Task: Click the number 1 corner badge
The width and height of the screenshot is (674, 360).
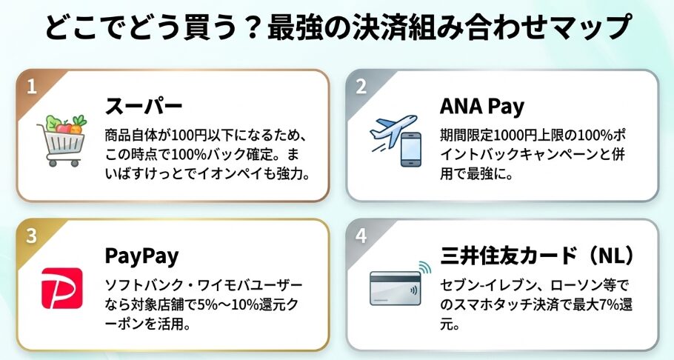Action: point(32,86)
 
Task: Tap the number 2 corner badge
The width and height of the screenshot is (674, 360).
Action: point(361,86)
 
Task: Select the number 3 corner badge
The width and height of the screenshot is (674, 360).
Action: point(32,236)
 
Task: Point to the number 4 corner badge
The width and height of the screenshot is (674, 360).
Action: point(361,236)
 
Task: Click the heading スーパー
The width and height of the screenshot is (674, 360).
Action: point(143,105)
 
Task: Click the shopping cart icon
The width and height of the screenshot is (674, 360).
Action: point(62,141)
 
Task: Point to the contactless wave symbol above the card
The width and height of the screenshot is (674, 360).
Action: point(424,267)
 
